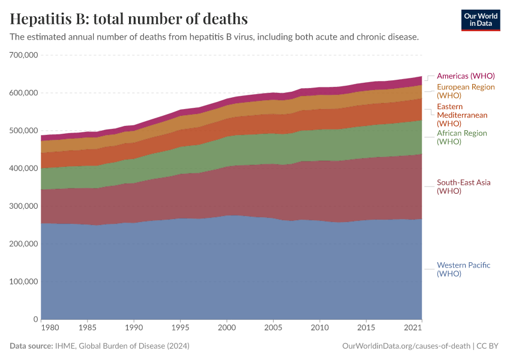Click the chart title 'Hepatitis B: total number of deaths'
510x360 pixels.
[x=129, y=19]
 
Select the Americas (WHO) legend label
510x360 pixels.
[x=466, y=76]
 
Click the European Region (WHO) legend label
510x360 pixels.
[x=466, y=91]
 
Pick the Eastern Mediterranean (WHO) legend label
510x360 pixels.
[x=462, y=115]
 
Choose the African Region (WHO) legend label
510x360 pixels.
[x=462, y=137]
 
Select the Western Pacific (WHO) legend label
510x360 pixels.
[x=464, y=269]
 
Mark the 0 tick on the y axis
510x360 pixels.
[x=36, y=319]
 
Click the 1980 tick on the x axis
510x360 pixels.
[x=50, y=328]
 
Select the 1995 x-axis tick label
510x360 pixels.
[x=180, y=328]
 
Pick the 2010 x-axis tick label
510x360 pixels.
[x=319, y=328]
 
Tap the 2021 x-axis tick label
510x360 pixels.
[x=413, y=328]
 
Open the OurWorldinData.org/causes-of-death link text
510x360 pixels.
[x=406, y=346]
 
